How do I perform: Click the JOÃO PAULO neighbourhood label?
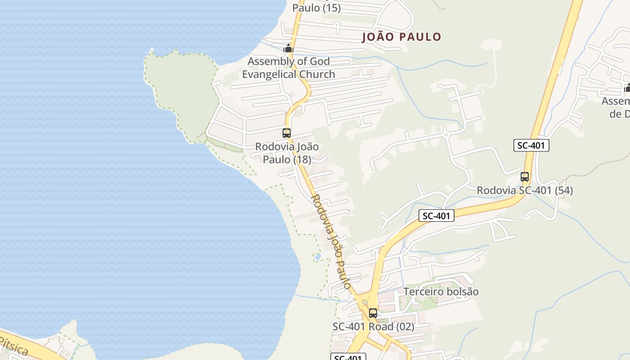point(401,37)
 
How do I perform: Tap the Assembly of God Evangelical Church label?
point(288,67)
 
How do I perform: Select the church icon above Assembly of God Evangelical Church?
point(288,48)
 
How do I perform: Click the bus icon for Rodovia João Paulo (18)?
point(287,133)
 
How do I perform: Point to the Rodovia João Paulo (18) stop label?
point(287,153)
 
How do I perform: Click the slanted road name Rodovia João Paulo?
point(331,241)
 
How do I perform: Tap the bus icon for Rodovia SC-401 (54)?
point(525,177)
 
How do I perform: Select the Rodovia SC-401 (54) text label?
point(525,190)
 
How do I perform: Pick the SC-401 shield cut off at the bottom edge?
point(348,357)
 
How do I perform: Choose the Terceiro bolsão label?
point(441,292)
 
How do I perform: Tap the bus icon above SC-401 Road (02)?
point(373,313)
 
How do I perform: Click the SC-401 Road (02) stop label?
point(373,327)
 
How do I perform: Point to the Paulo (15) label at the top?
point(316,8)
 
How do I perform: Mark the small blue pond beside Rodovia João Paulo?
point(318,257)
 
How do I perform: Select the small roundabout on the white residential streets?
point(446,135)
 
